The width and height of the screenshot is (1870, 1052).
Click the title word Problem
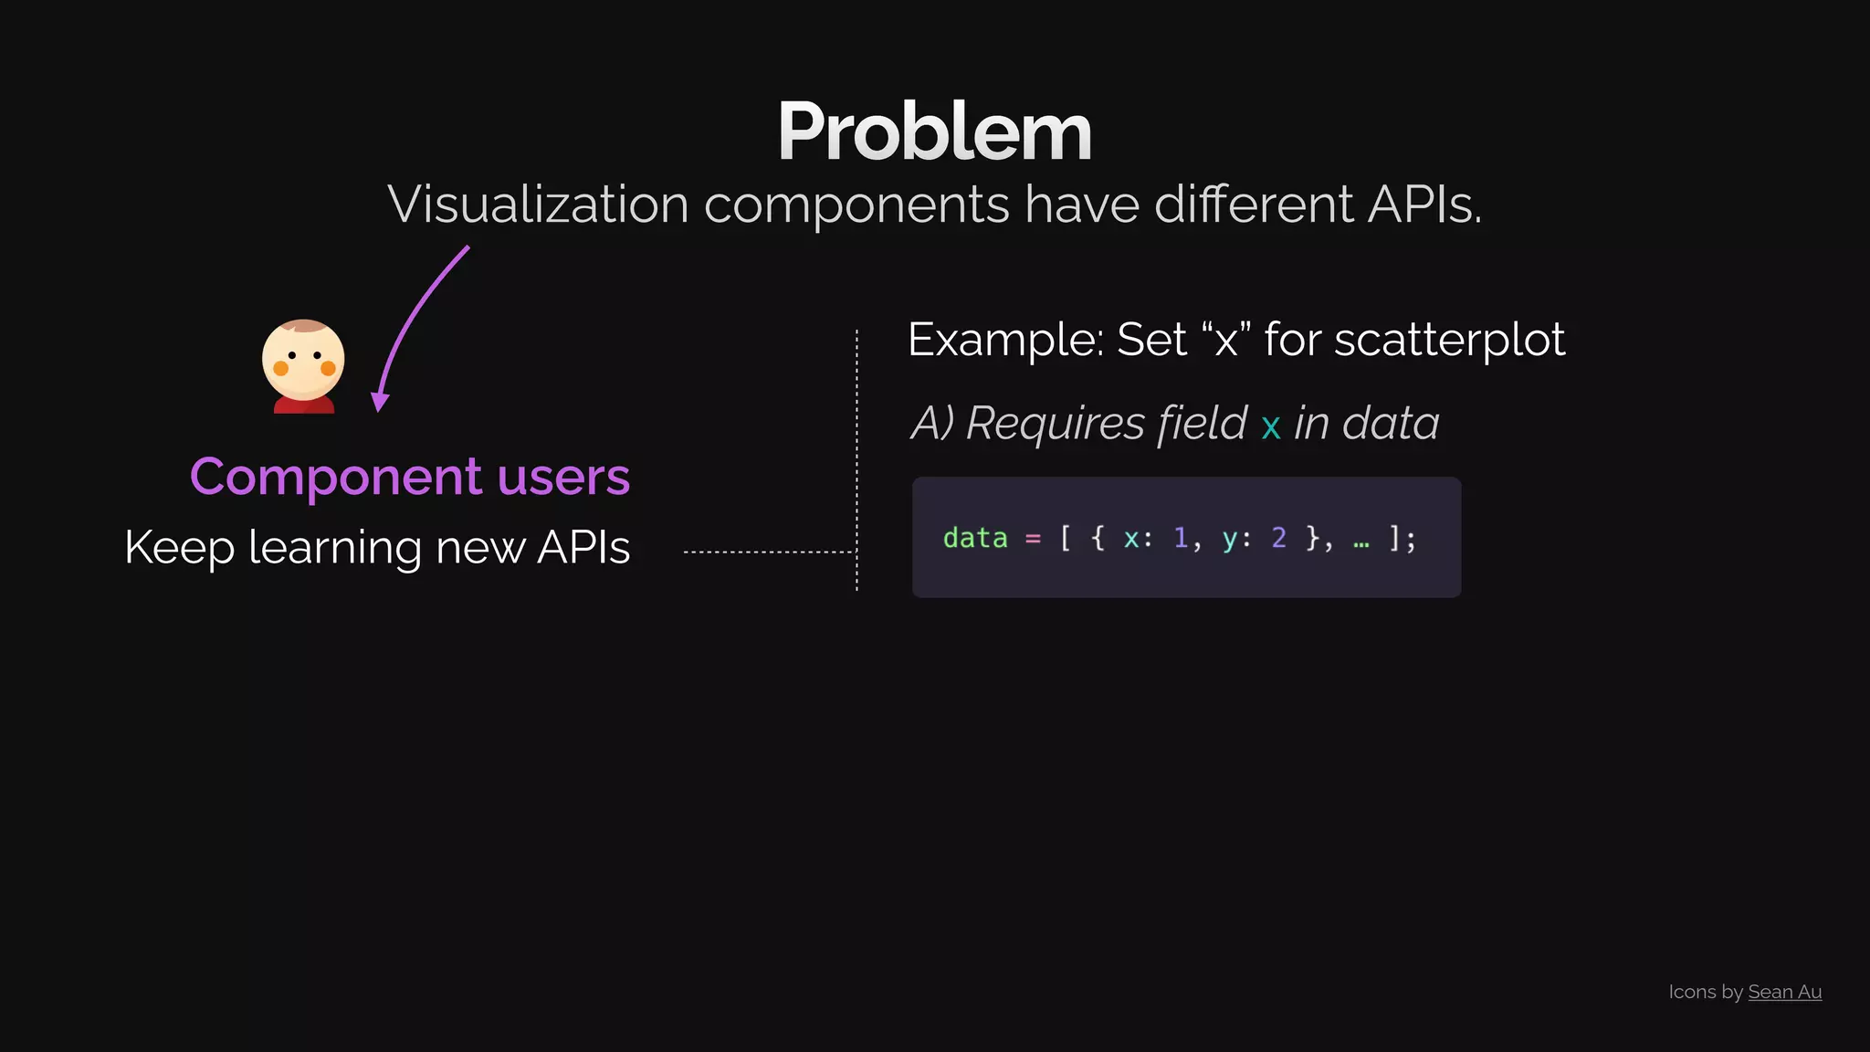click(934, 132)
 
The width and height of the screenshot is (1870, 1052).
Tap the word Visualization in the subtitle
click(538, 204)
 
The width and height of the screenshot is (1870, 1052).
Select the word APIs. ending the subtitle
click(1424, 204)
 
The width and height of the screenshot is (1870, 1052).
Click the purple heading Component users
click(410, 477)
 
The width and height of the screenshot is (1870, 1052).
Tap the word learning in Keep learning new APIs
click(333, 548)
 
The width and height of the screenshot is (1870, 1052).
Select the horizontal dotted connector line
click(767, 552)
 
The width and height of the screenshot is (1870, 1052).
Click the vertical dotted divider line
click(856, 457)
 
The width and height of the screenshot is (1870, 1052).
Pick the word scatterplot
click(1450, 340)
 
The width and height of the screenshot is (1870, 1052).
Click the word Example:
click(1005, 340)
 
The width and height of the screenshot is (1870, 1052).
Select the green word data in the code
click(974, 538)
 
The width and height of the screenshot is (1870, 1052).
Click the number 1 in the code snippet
click(1181, 538)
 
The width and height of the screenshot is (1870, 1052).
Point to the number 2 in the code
click(1278, 538)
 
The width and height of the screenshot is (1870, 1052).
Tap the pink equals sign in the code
click(1033, 539)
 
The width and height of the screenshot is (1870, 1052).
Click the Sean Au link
click(1784, 992)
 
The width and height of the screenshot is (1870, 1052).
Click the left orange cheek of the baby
click(281, 368)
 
